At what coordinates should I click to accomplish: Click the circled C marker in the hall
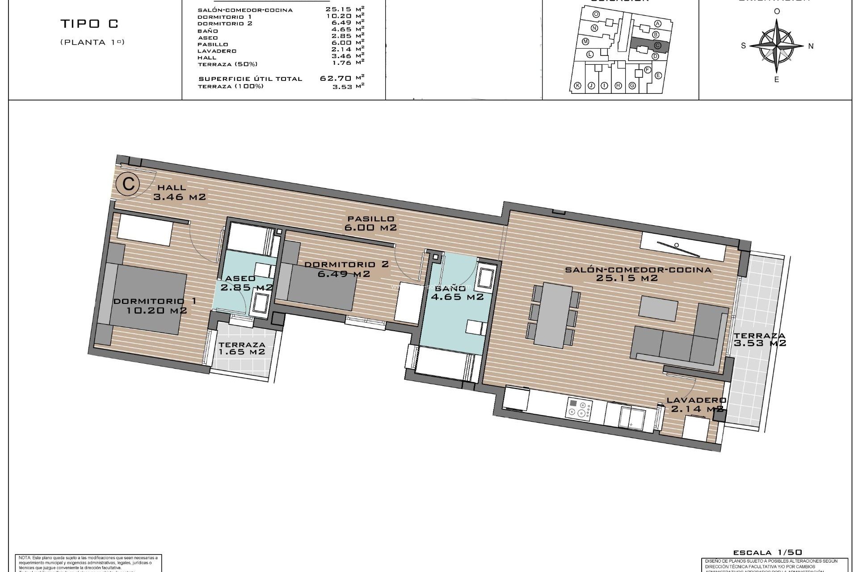[x=128, y=184]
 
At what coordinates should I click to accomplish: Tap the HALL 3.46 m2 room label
[x=179, y=192]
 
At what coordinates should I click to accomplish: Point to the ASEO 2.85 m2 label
[x=246, y=283]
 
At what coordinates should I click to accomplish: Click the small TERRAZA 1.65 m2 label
[x=242, y=348]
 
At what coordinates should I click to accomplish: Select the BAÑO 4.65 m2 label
[x=457, y=292]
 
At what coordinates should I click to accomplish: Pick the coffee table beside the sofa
[x=658, y=308]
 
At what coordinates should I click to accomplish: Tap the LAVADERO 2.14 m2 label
[x=697, y=404]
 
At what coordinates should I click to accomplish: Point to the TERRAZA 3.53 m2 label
[x=759, y=340]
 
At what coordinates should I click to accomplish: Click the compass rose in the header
[x=777, y=45]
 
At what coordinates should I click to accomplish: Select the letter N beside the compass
[x=811, y=46]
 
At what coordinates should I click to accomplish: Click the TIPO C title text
[x=89, y=24]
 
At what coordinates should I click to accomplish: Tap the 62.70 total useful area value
[x=336, y=78]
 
